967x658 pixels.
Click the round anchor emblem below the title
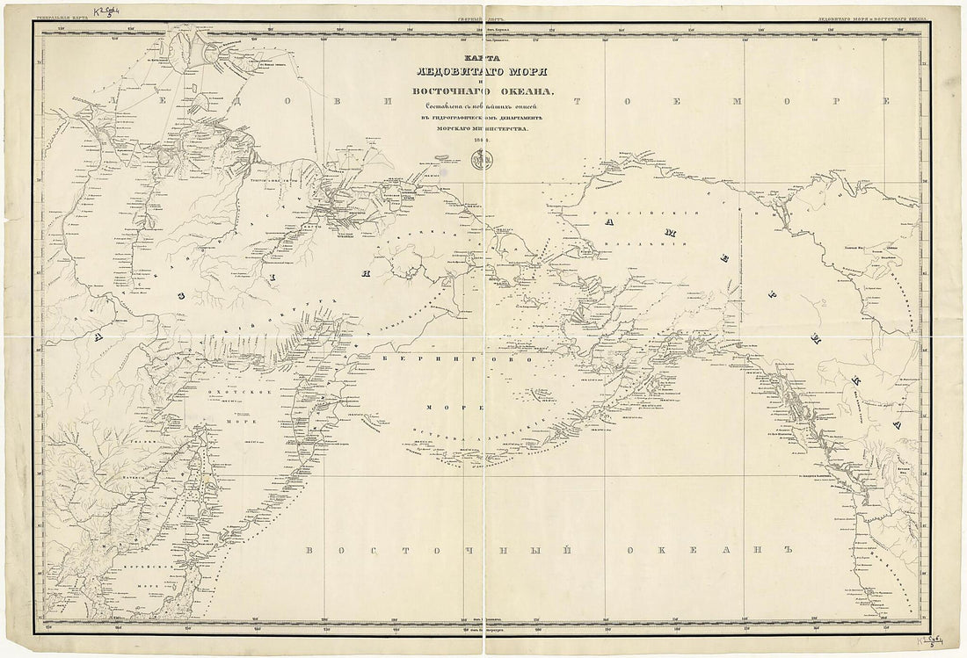(x=480, y=161)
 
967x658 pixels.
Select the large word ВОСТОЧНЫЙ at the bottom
(x=404, y=551)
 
